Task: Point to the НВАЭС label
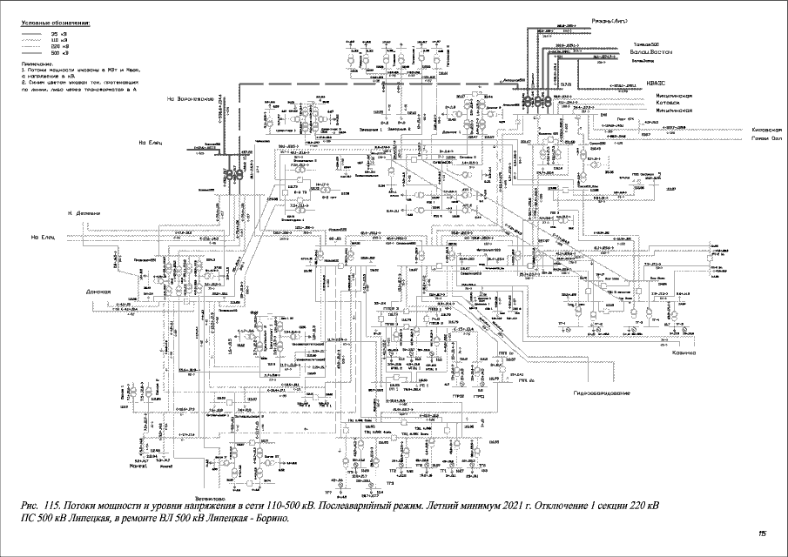pyautogui.click(x=658, y=85)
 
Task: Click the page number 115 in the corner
pyautogui.click(x=762, y=534)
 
